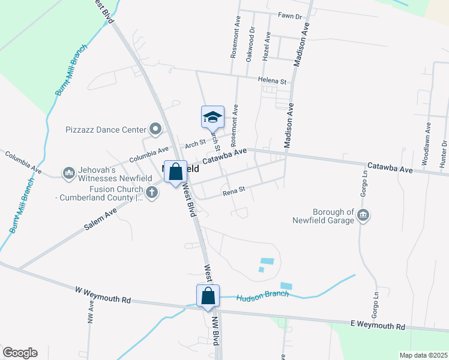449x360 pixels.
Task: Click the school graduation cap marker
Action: (x=212, y=117)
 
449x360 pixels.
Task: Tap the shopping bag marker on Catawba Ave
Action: (x=175, y=172)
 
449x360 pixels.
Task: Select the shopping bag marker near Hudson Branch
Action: (x=208, y=296)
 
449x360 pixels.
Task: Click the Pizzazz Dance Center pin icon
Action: (x=156, y=129)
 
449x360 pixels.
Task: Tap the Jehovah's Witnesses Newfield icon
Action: (x=68, y=173)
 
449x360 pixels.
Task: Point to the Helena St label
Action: (x=273, y=80)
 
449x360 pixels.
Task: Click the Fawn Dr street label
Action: (x=289, y=16)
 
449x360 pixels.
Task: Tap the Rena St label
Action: (x=234, y=191)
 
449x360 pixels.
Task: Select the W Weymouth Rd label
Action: (x=103, y=295)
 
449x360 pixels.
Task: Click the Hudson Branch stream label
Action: (x=262, y=296)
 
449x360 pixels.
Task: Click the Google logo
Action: (x=19, y=353)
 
